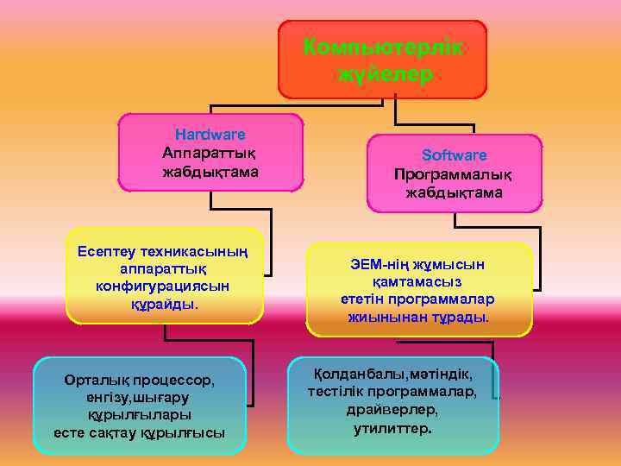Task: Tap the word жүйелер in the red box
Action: tap(383, 75)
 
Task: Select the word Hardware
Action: tap(210, 135)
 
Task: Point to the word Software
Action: tap(454, 155)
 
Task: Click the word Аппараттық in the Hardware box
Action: tap(210, 153)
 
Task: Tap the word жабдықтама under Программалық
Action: tap(454, 192)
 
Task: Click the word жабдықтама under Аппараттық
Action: tap(210, 172)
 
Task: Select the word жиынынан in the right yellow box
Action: tap(385, 317)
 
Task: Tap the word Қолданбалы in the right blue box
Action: tap(355, 374)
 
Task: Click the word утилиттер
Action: tap(393, 427)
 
